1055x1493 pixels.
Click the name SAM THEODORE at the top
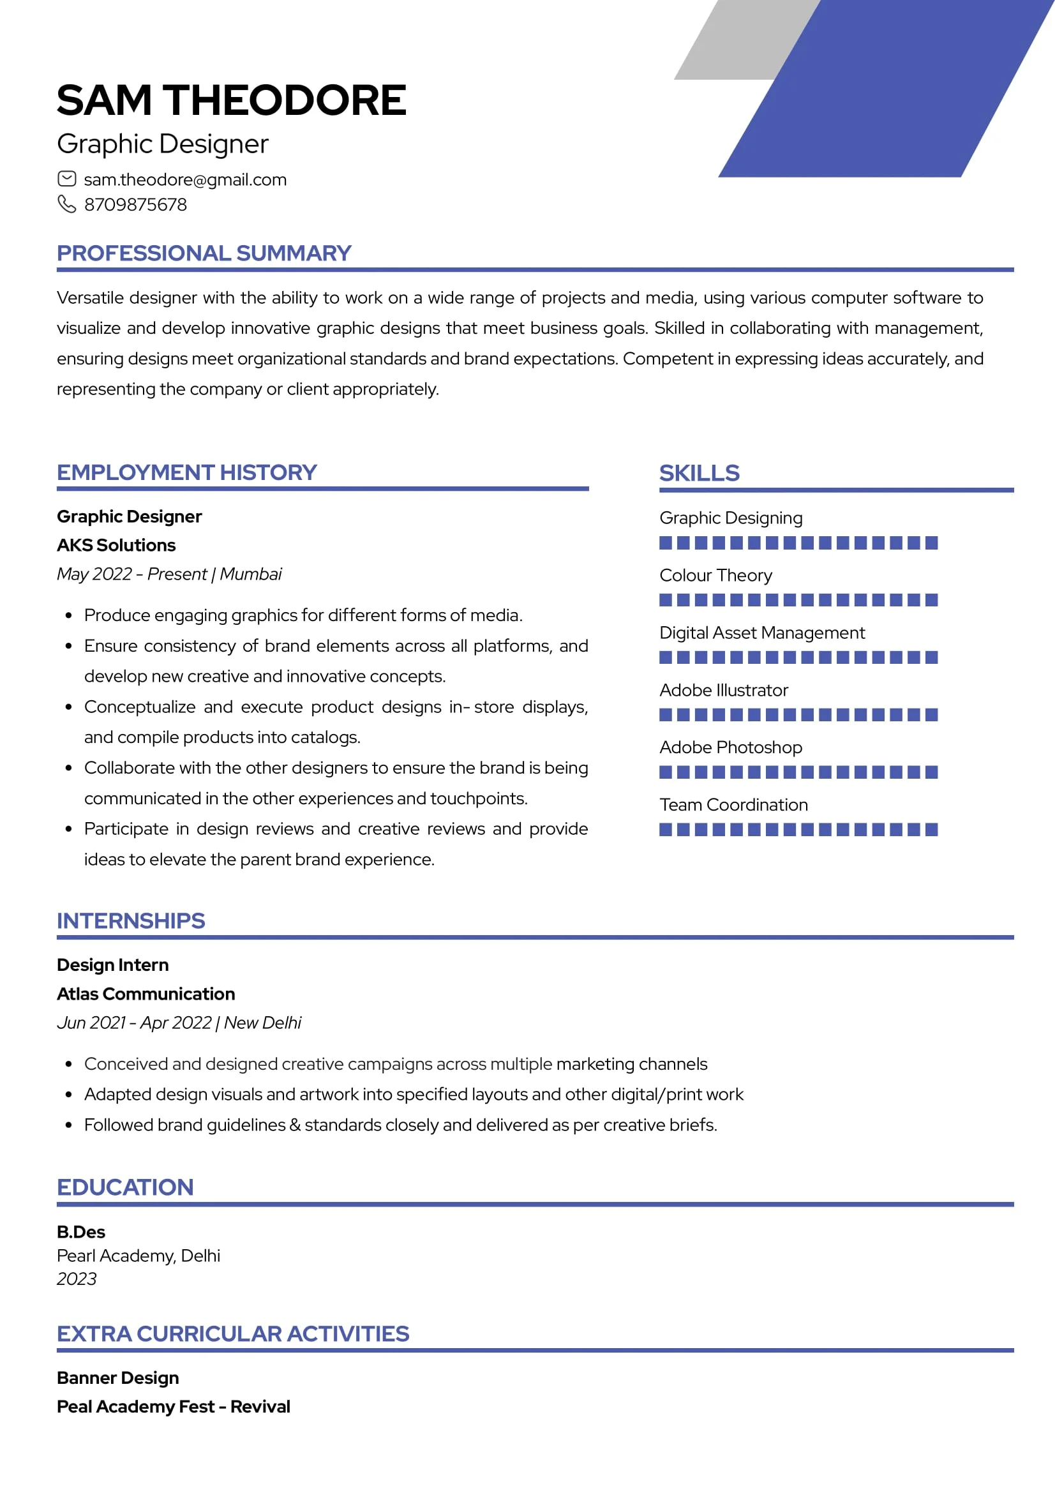pos(232,100)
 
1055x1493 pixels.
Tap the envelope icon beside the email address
pos(67,179)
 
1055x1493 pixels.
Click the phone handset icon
pos(67,204)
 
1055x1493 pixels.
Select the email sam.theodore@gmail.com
pos(185,179)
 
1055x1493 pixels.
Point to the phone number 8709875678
pos(135,205)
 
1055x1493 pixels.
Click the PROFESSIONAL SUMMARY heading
pos(204,253)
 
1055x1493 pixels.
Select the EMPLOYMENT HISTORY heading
pos(186,472)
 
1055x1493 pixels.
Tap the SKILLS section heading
pos(699,473)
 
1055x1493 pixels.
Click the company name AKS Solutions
pos(116,545)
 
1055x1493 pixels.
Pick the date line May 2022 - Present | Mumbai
pos(169,574)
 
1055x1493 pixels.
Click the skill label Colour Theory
pos(715,576)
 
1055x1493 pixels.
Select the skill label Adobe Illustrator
pos(724,690)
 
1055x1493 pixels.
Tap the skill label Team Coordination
pos(733,805)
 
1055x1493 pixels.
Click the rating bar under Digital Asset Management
pos(798,657)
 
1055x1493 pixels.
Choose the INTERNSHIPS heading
pos(131,921)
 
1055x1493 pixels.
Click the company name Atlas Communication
pos(146,994)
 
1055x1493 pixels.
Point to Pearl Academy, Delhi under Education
pos(138,1256)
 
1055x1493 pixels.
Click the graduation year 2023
pos(77,1279)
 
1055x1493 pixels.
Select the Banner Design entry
pos(117,1378)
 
